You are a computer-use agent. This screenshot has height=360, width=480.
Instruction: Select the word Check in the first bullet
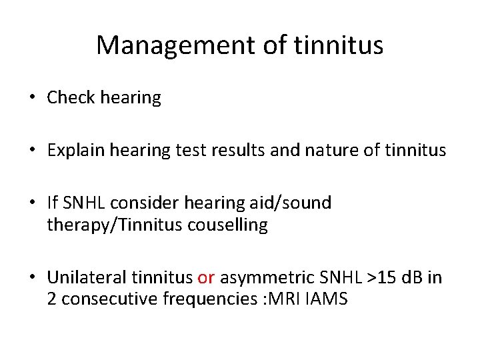70,98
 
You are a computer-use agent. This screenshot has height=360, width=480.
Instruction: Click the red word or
206,277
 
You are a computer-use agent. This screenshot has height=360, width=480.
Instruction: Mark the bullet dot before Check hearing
32,99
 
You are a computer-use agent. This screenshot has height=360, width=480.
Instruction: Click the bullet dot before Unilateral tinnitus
32,278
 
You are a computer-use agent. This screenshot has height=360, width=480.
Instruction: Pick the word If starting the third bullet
53,203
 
